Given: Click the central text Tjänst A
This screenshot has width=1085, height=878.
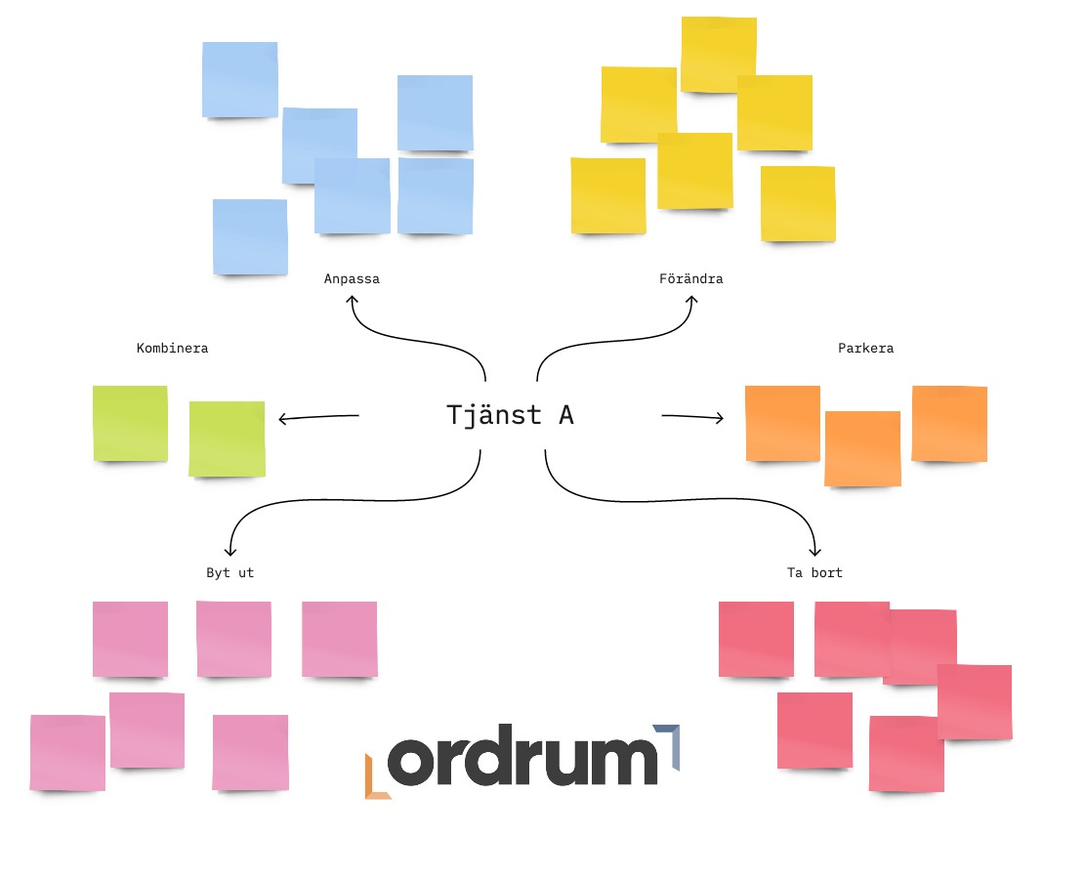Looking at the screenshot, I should (510, 415).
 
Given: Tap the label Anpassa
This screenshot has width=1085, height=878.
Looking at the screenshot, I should (352, 279).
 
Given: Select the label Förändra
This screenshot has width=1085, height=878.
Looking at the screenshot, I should (690, 279).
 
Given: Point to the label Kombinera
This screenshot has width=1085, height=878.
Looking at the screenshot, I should (172, 348).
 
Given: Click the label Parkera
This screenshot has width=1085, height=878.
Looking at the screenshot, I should (865, 349).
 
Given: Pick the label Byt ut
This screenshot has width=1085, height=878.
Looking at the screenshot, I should (230, 573).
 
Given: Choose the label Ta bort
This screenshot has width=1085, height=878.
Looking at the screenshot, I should (814, 573).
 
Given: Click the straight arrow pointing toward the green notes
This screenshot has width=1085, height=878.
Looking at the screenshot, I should (318, 418).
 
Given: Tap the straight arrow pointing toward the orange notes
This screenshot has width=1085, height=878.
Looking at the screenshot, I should (692, 417).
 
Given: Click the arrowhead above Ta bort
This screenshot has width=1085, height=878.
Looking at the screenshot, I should (815, 551).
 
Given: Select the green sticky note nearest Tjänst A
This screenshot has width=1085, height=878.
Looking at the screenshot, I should (227, 439).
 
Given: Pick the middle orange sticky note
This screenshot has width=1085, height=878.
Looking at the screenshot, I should (862, 448).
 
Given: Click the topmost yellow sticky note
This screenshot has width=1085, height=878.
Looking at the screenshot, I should (719, 55).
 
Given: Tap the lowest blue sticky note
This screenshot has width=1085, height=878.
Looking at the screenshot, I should (250, 236).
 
